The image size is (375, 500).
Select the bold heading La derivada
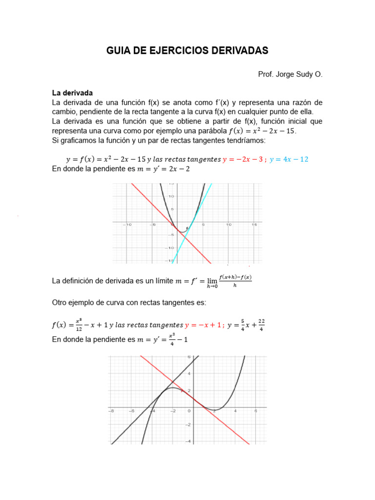[x=72, y=93]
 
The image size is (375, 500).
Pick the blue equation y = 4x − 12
[x=289, y=160]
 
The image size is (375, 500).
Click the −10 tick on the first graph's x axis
[x=128, y=225]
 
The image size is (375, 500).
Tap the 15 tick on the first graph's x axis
[x=254, y=225]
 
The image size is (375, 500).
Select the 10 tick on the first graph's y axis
[x=171, y=196]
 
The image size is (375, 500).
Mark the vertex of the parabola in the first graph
[x=182, y=232]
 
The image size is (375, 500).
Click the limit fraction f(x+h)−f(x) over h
[x=235, y=281]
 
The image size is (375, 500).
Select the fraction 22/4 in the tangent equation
[x=261, y=325]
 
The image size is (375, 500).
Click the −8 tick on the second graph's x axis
[x=111, y=411]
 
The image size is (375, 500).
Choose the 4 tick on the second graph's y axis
[x=189, y=374]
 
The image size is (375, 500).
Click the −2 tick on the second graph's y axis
[x=188, y=424]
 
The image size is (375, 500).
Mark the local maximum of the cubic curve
[x=173, y=388]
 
